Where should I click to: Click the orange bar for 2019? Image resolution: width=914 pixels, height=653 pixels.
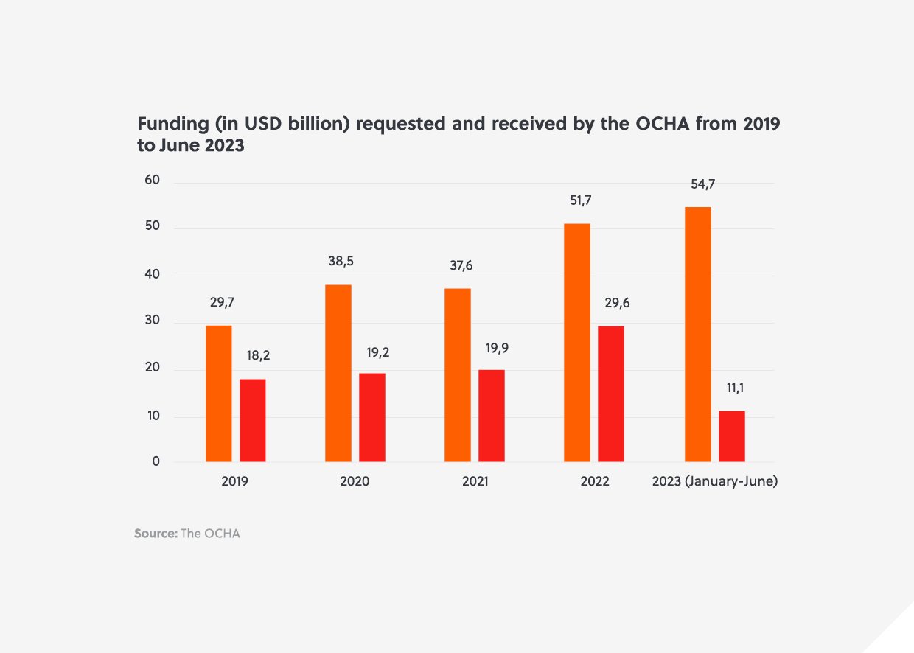coord(218,394)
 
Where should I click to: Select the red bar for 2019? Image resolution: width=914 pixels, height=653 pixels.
coord(252,420)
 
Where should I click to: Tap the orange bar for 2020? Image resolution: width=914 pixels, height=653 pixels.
coord(338,373)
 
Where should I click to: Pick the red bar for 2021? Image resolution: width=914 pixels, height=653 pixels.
coord(491,416)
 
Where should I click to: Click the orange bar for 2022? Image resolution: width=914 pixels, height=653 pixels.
coord(576,343)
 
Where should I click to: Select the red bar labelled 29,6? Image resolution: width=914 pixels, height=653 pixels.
coord(610,394)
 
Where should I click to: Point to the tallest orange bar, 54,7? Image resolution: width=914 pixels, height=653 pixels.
coord(697,335)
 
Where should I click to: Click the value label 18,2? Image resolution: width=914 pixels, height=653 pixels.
coord(259,355)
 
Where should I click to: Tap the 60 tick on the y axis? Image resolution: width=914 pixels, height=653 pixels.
coord(153,181)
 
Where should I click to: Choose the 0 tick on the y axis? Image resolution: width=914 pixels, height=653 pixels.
coord(156,461)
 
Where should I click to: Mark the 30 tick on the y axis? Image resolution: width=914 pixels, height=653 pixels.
coord(153,322)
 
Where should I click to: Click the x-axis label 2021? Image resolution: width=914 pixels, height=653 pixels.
coord(475,482)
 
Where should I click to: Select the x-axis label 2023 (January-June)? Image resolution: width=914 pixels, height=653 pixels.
coord(715,482)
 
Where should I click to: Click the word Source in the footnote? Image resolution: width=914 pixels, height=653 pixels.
coord(155,533)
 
